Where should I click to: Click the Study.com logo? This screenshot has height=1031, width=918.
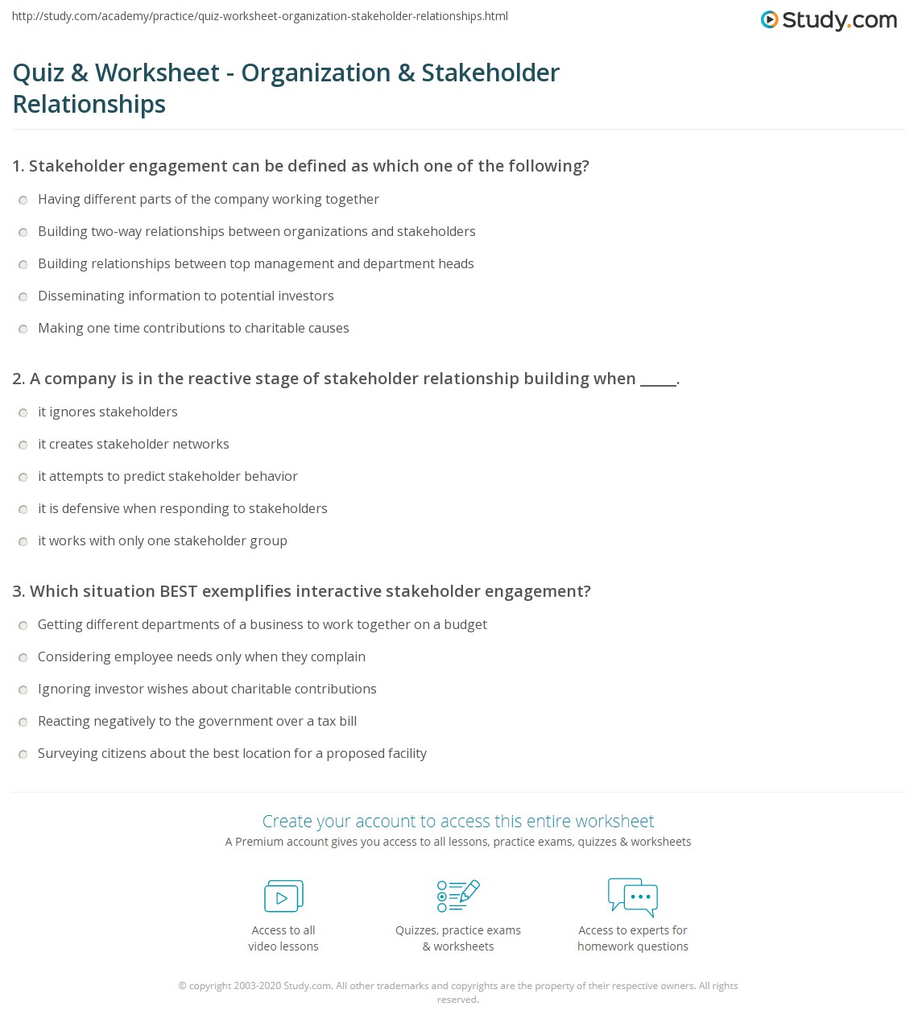click(829, 20)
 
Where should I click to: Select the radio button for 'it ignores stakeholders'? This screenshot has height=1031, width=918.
click(23, 413)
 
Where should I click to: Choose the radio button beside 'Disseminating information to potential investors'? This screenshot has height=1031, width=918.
click(23, 297)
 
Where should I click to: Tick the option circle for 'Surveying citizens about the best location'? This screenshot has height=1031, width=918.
click(23, 755)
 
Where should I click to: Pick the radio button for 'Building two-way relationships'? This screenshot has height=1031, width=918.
click(23, 233)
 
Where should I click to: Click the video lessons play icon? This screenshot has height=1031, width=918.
click(283, 896)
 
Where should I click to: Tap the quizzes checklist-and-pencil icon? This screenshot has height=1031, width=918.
click(458, 896)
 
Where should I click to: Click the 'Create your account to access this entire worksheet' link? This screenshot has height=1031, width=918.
click(458, 821)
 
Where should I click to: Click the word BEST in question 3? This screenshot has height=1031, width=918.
click(178, 591)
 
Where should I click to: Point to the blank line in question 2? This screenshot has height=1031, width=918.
click(658, 379)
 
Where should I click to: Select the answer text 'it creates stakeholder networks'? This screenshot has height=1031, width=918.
click(134, 444)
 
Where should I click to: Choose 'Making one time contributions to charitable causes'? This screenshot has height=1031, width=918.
click(193, 328)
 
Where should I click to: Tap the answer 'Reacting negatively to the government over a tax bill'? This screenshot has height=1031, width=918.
click(197, 721)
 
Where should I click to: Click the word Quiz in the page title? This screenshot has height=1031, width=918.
click(38, 72)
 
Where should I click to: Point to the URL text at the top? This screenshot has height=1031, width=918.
click(260, 16)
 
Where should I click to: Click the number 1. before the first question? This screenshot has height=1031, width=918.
click(18, 166)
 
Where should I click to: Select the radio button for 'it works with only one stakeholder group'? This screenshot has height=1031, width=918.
click(23, 542)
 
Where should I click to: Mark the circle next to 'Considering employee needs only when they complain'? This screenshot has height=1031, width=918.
click(23, 658)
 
